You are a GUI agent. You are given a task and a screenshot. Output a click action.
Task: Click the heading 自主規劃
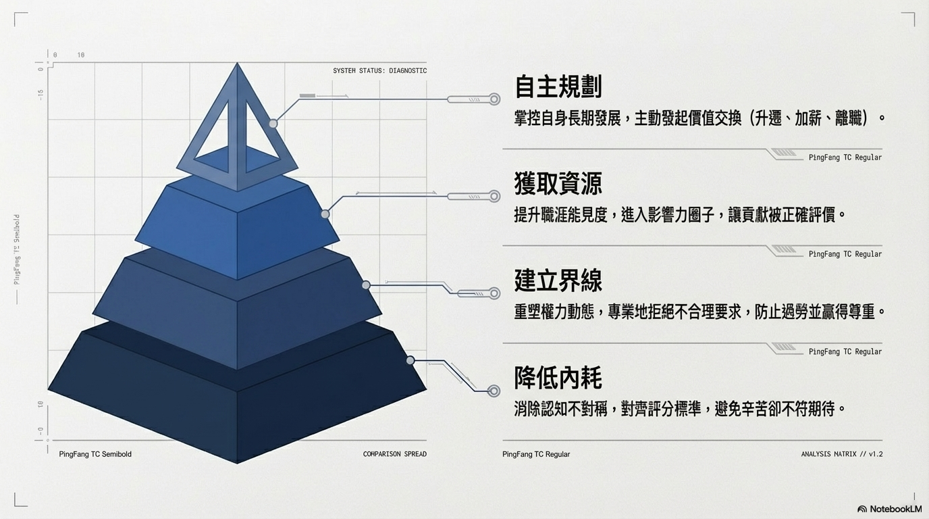coord(558,86)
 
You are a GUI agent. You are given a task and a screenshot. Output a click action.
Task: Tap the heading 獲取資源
coord(558,184)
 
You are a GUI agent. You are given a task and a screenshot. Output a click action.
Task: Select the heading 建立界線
coord(558,280)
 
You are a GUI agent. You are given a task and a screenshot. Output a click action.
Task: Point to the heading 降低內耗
coord(558,378)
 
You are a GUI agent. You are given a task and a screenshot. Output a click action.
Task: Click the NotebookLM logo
coord(889,509)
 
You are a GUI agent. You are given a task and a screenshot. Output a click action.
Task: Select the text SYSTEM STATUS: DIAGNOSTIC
coord(379,71)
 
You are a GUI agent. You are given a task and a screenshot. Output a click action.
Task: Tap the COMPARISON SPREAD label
coord(394,454)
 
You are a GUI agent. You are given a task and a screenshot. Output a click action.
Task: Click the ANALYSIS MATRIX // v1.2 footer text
coord(841,454)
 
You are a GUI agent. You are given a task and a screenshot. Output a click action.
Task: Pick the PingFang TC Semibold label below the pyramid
coord(95,454)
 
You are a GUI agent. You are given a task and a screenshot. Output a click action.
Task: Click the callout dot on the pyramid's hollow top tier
coord(273,124)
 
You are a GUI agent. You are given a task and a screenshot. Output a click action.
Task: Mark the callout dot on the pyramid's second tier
coord(325,214)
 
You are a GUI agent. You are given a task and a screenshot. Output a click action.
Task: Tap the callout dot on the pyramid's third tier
coord(366,285)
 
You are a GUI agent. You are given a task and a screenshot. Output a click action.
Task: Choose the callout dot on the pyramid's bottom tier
coord(410,360)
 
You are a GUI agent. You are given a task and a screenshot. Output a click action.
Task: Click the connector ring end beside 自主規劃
coord(494,99)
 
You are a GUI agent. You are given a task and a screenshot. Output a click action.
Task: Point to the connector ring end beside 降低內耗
coord(494,391)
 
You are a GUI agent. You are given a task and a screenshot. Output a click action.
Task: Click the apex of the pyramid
coord(237,64)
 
